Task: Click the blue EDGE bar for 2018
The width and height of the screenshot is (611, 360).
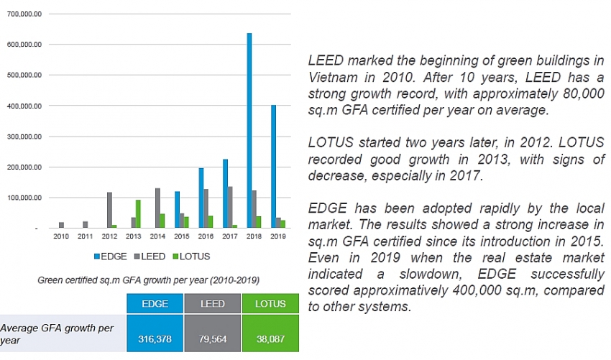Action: click(249, 130)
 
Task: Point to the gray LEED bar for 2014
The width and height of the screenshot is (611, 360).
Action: click(157, 208)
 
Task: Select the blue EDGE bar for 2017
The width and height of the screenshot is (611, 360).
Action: click(225, 193)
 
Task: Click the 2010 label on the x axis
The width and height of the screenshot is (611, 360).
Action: click(60, 236)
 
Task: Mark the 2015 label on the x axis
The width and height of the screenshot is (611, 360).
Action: click(182, 236)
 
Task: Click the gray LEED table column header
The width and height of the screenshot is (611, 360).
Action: click(211, 304)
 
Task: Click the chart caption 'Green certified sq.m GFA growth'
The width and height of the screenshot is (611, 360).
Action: click(148, 280)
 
